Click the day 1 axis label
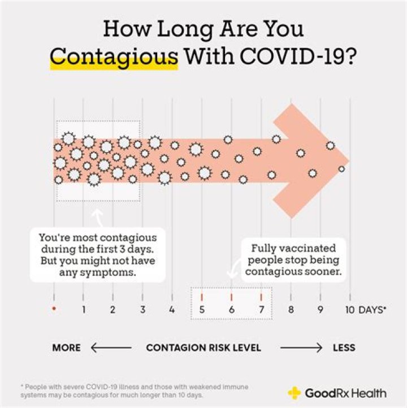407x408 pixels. pyautogui.click(x=83, y=310)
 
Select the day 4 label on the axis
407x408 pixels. pyautogui.click(x=172, y=310)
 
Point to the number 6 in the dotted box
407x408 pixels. pyautogui.click(x=231, y=310)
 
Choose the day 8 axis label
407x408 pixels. pyautogui.click(x=291, y=310)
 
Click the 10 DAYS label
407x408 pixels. pyautogui.click(x=365, y=310)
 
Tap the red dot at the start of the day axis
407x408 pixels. pyautogui.click(x=54, y=309)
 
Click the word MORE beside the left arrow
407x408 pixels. pyautogui.click(x=66, y=348)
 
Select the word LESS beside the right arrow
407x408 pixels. pyautogui.click(x=344, y=348)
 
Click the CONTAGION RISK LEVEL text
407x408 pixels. pyautogui.click(x=203, y=348)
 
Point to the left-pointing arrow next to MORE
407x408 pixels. pyautogui.click(x=110, y=348)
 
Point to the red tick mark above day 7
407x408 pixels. pyautogui.click(x=261, y=296)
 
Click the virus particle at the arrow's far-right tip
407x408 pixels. pyautogui.click(x=341, y=168)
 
